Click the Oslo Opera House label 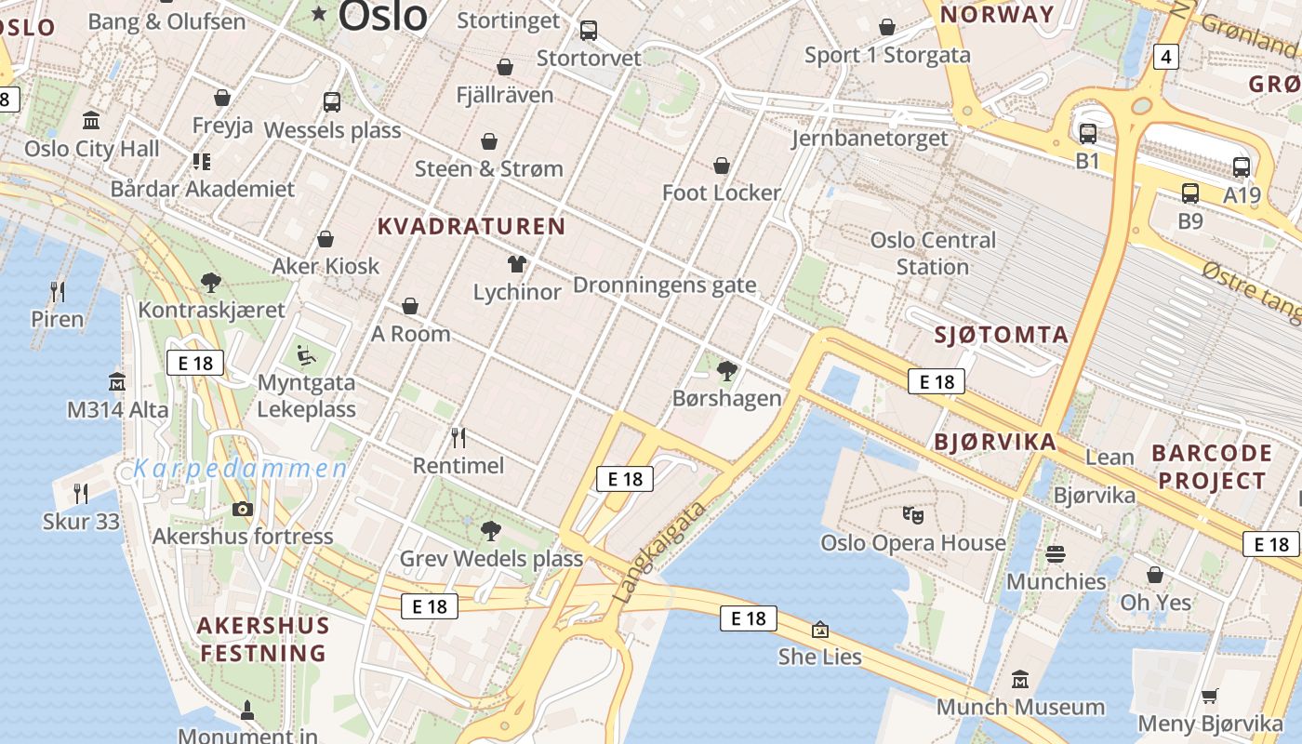tap(912, 542)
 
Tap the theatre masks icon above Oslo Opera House tap(912, 513)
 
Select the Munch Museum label tap(1020, 707)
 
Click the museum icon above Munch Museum tap(1020, 680)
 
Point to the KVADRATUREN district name tap(472, 226)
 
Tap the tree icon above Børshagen tap(727, 372)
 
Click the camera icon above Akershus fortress tap(243, 509)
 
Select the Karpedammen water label tap(241, 469)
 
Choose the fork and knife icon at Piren tap(58, 292)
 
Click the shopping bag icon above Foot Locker tap(722, 166)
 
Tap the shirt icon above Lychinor tap(517, 265)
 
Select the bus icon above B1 tap(1087, 134)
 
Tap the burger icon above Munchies tap(1056, 554)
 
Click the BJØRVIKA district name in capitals tap(994, 442)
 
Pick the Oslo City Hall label tap(92, 149)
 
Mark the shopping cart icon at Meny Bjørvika tap(1209, 696)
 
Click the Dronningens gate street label tap(664, 285)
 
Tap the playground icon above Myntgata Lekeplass tap(306, 355)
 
